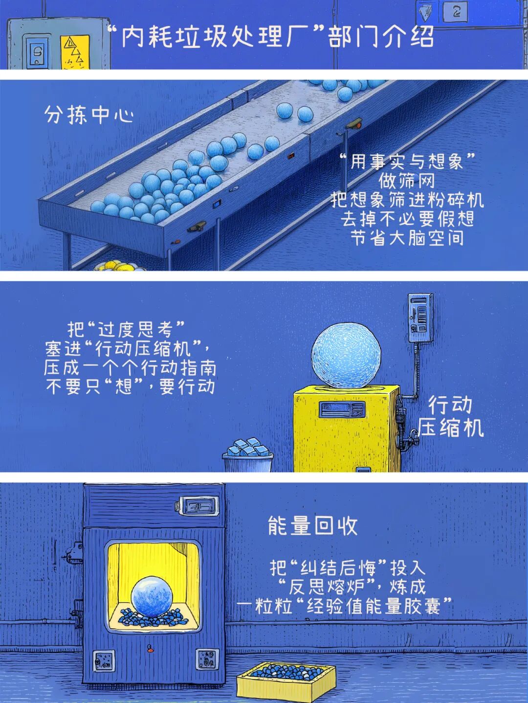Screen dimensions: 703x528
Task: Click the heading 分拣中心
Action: coord(88,115)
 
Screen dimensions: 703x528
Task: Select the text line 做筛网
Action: coord(406,181)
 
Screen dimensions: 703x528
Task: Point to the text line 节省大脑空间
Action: coord(406,238)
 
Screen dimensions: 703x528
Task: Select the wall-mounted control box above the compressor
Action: coord(421,318)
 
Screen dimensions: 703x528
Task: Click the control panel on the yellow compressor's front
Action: coord(342,409)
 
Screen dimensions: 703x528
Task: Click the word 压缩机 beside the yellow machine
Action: coord(450,428)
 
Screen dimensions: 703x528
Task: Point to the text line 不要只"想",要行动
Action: coord(131,387)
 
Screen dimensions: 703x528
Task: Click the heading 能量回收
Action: coord(312,526)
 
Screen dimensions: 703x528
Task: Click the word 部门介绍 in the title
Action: coord(381,37)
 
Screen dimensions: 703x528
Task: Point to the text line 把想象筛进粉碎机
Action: coord(406,200)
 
